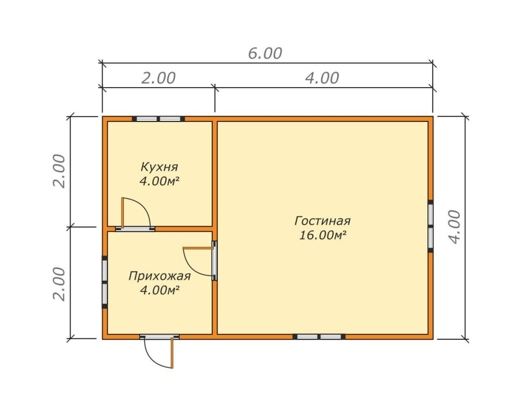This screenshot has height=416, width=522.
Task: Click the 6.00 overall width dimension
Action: pos(265,53)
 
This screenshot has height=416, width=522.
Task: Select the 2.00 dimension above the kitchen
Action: pos(158,78)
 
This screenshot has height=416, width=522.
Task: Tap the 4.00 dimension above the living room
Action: pos(322,78)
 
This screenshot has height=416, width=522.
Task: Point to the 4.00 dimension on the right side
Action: pos(455,227)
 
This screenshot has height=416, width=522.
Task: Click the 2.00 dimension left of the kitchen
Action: pos(60,171)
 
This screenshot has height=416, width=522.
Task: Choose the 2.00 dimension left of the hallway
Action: pos(60,284)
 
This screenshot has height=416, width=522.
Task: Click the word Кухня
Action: pos(159,167)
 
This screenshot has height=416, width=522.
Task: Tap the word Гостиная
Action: pos(322,221)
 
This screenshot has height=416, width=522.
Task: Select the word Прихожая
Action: pos(159,276)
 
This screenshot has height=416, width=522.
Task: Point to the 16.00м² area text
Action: pos(322,235)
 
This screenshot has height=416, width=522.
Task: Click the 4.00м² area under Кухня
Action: pos(159,181)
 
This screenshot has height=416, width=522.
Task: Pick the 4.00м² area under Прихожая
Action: pos(160,291)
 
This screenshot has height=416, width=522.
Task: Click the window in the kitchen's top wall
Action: pos(158,119)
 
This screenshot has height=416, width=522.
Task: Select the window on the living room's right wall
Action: pos(430,226)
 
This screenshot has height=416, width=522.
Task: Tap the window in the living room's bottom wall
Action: pos(319,336)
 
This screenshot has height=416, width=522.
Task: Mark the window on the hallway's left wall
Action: pos(104,282)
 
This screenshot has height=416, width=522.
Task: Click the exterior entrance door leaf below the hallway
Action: pos(172,353)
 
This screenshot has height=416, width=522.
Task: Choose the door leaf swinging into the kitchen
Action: pos(123,213)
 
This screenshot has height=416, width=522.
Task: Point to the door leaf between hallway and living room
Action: pos(198,248)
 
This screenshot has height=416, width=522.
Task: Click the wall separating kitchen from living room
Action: pos(215,173)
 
